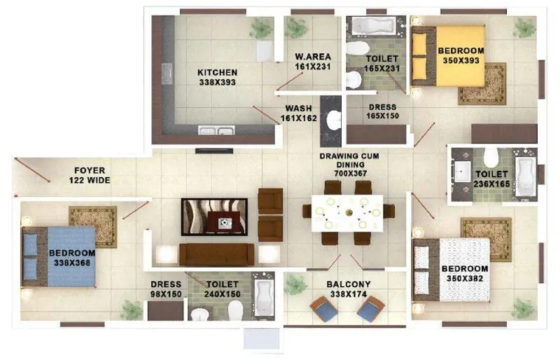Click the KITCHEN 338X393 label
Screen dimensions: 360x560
[x=217, y=77]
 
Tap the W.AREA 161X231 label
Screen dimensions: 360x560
[x=312, y=62]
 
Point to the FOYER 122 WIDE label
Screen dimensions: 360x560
[x=90, y=175]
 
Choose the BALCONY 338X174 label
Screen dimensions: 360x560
[x=348, y=289]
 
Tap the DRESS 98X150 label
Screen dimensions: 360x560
[x=166, y=289]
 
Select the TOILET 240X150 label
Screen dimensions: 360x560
[x=223, y=289]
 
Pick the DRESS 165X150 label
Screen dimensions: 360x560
[x=382, y=112]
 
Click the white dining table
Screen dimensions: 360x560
[x=349, y=209]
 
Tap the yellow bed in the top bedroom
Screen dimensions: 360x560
[x=448, y=56]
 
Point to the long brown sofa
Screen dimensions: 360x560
[x=217, y=254]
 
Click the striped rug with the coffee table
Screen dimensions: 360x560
[x=214, y=216]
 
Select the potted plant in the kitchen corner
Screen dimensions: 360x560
[x=261, y=28]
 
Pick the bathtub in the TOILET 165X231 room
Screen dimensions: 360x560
[x=372, y=27]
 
